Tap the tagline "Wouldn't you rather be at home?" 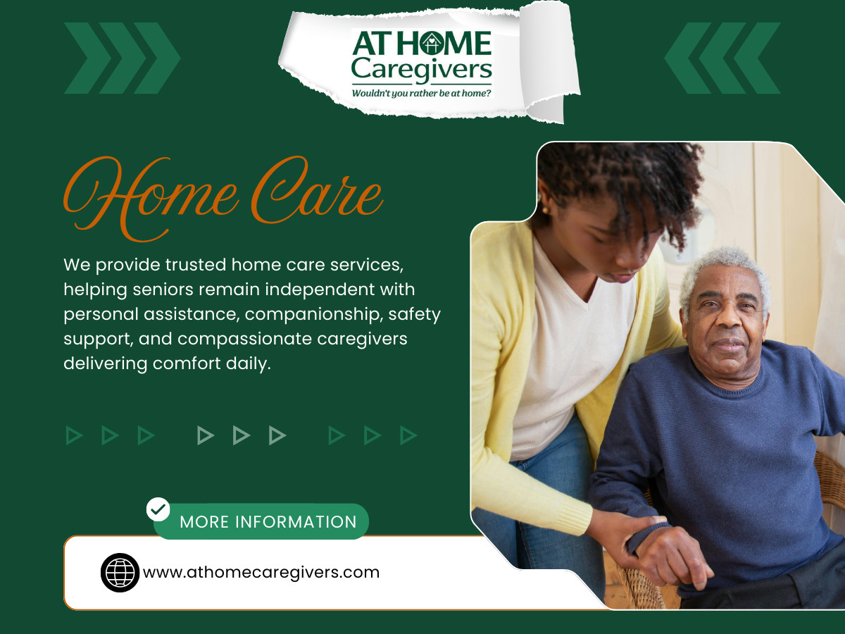(421, 92)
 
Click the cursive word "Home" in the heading (151, 192)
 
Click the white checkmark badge (158, 509)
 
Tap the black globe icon (120, 572)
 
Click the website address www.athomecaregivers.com (261, 572)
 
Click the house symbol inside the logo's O (427, 44)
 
